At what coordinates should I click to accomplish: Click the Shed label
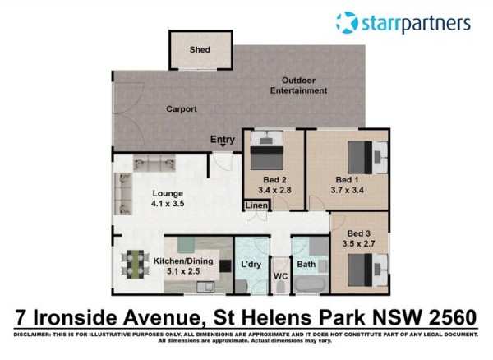click(200, 49)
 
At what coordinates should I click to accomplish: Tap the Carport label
click(182, 109)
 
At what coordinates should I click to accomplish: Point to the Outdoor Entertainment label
click(298, 85)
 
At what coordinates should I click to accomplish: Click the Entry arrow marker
click(223, 145)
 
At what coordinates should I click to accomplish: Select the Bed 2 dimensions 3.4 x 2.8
click(274, 190)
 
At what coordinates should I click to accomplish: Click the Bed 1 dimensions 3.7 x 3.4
click(347, 190)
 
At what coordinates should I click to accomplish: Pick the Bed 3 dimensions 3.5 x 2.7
click(359, 243)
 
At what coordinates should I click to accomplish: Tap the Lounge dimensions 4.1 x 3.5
click(168, 203)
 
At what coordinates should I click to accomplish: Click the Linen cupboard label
click(256, 205)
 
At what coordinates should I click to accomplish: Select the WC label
click(280, 276)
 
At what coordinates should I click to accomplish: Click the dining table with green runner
click(136, 264)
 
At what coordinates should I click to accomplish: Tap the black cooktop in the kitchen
click(225, 266)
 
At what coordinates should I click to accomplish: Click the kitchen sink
click(205, 287)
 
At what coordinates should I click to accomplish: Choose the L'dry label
click(251, 265)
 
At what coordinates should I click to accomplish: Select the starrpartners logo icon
click(347, 23)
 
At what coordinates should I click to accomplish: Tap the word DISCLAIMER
click(32, 335)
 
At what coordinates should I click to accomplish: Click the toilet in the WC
click(280, 288)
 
